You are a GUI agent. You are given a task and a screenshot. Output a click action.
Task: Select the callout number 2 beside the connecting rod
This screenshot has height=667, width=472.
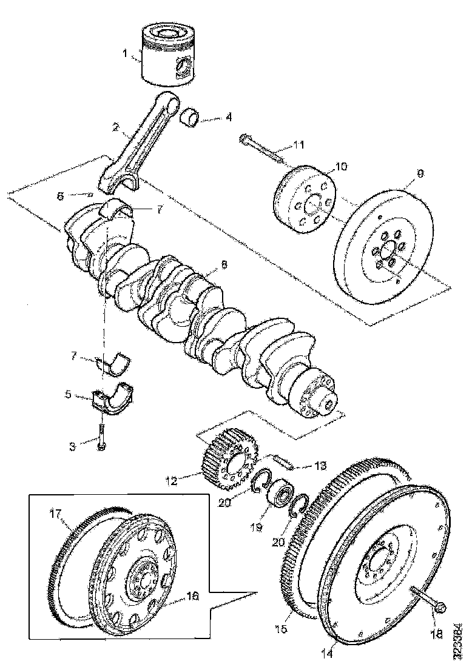(x=115, y=128)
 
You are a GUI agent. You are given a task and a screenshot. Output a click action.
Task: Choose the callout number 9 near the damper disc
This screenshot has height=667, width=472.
(x=420, y=173)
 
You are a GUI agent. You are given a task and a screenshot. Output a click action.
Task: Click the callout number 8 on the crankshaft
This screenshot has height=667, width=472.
(x=224, y=264)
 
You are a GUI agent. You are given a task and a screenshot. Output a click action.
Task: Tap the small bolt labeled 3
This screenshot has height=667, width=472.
(x=101, y=439)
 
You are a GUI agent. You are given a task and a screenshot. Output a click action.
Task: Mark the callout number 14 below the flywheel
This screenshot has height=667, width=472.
(x=328, y=653)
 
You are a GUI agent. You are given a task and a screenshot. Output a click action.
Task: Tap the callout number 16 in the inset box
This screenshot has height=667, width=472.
(x=192, y=596)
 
